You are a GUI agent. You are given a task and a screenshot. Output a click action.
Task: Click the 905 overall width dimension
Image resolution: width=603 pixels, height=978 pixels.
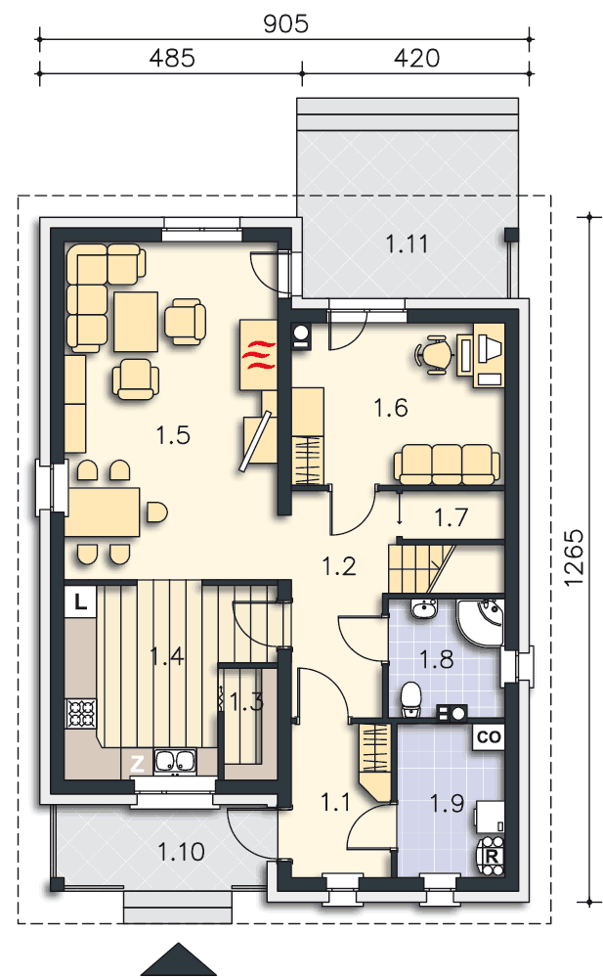(285, 23)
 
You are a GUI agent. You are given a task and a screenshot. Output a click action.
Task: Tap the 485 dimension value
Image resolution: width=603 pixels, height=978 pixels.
(172, 58)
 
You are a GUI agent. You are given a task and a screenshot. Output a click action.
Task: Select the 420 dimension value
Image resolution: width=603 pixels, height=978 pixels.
(416, 58)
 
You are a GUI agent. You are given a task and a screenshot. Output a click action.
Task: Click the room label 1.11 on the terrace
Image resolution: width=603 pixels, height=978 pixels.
(407, 244)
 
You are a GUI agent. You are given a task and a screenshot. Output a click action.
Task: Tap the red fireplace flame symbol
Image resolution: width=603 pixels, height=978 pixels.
(259, 354)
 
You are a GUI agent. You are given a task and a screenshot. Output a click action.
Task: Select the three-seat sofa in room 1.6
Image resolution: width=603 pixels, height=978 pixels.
(447, 464)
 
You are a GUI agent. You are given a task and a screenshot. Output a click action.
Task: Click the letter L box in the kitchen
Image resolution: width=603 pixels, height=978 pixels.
(80, 601)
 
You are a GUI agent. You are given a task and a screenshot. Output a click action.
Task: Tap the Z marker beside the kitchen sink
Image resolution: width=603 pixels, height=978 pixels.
(137, 763)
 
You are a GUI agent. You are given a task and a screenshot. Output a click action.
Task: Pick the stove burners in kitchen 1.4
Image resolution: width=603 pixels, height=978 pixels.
(82, 713)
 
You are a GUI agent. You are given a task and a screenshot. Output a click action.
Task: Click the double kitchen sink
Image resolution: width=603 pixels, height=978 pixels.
(175, 761)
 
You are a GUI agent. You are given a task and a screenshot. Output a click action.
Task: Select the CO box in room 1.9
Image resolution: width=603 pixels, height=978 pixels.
(489, 736)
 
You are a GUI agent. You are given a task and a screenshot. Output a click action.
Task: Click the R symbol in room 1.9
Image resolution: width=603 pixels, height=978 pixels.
(492, 856)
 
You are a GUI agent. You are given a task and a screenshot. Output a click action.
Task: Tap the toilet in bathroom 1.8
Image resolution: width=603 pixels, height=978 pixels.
(410, 699)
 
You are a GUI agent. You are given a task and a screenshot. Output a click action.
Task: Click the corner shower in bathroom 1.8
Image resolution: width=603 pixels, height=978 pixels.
(480, 622)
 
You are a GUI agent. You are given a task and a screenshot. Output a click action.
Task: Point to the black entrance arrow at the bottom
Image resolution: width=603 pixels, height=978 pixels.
(180, 959)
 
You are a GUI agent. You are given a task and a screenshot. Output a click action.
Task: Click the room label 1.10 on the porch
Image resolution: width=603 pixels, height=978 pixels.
(181, 852)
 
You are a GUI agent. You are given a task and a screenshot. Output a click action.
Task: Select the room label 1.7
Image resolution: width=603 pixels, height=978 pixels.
(451, 517)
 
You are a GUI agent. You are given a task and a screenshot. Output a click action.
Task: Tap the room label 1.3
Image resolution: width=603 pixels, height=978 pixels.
(247, 702)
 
